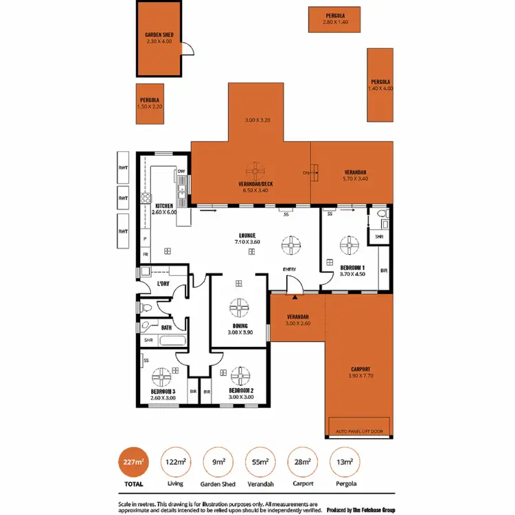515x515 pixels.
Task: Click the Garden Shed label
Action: [x=159, y=38]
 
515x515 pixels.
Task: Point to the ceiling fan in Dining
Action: [x=239, y=306]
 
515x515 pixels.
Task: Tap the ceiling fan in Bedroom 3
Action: [x=163, y=376]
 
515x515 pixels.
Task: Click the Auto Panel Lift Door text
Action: [x=359, y=431]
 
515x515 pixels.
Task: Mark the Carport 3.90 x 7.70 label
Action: [x=360, y=371]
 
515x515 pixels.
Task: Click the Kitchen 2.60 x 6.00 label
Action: [x=165, y=209]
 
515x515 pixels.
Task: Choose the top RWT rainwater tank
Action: [x=123, y=167]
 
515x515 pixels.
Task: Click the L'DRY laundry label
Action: [x=163, y=283]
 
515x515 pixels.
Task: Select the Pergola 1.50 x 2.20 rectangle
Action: [x=149, y=103]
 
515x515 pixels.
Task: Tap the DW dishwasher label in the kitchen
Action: [x=181, y=171]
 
